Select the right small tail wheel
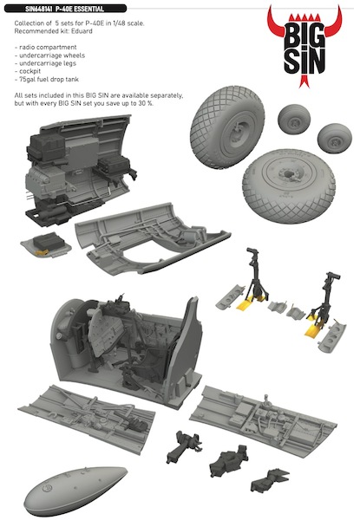point(332,135)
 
